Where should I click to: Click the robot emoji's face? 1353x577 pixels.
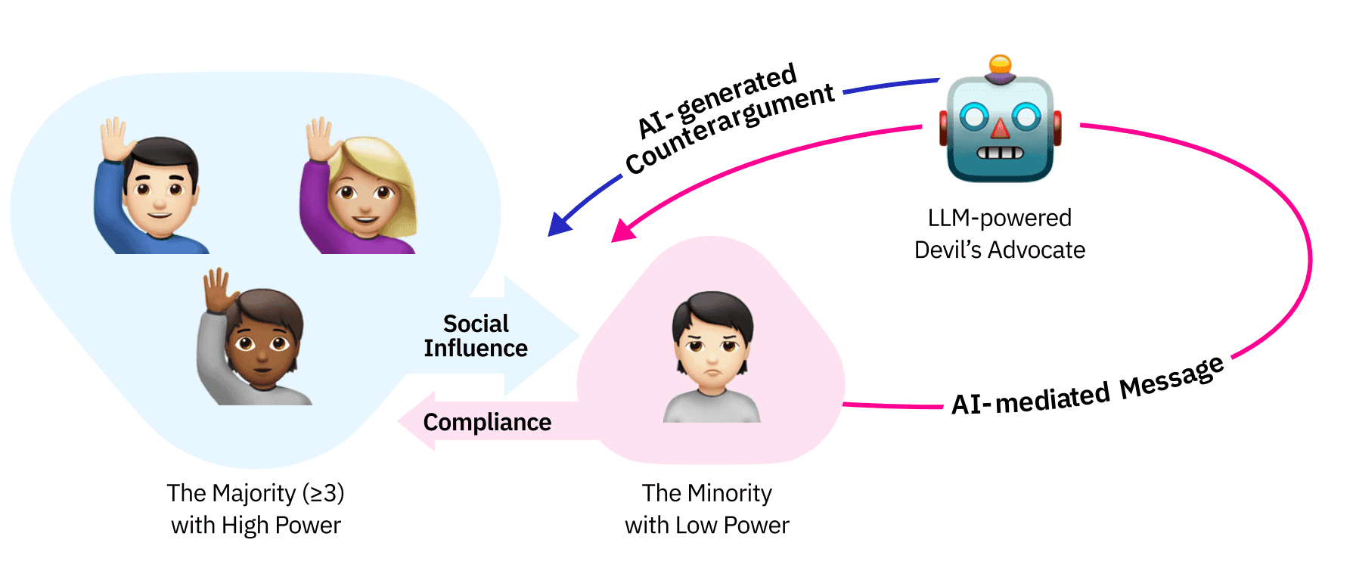1000,129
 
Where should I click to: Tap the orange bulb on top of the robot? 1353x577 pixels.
1000,64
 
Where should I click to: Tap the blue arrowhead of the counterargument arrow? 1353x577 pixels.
560,224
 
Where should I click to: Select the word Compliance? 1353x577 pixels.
487,422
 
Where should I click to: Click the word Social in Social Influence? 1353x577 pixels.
476,324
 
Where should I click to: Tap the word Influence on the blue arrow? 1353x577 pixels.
476,349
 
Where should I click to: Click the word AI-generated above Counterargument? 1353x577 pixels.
717,101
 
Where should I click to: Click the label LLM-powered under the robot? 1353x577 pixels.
999,218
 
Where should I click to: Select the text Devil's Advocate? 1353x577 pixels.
999,250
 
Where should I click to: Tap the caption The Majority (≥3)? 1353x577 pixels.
256,493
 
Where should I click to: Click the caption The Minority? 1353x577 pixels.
707,493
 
